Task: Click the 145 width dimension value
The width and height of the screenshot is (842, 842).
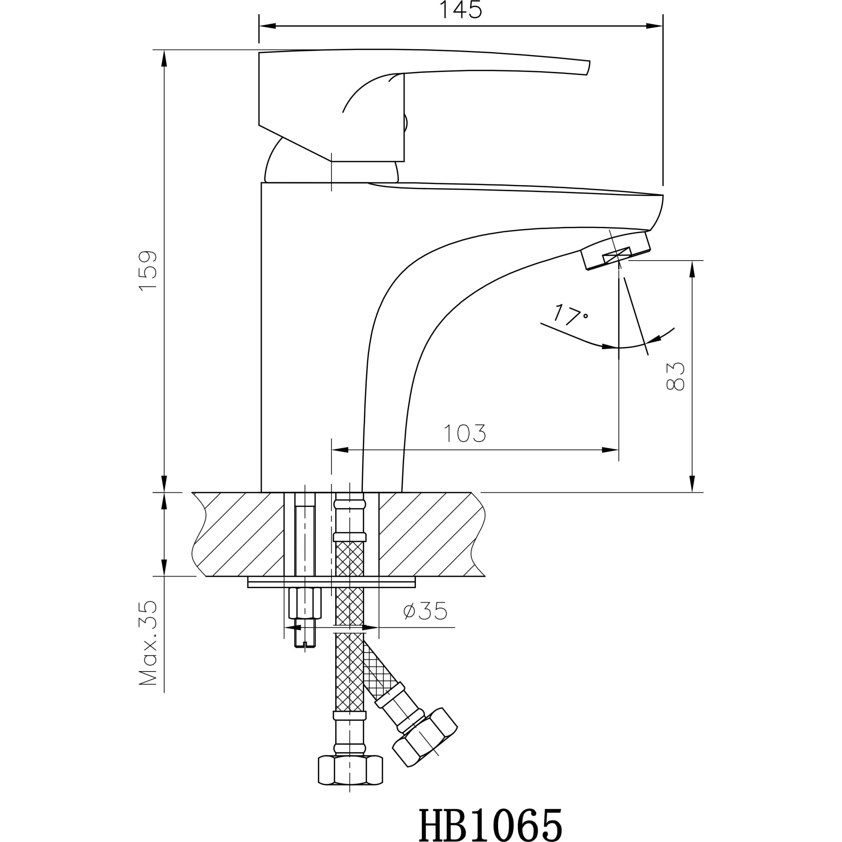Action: coord(461,11)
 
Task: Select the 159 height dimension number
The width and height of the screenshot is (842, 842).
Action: coord(148,270)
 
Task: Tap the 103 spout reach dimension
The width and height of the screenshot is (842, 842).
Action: coord(465,433)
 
